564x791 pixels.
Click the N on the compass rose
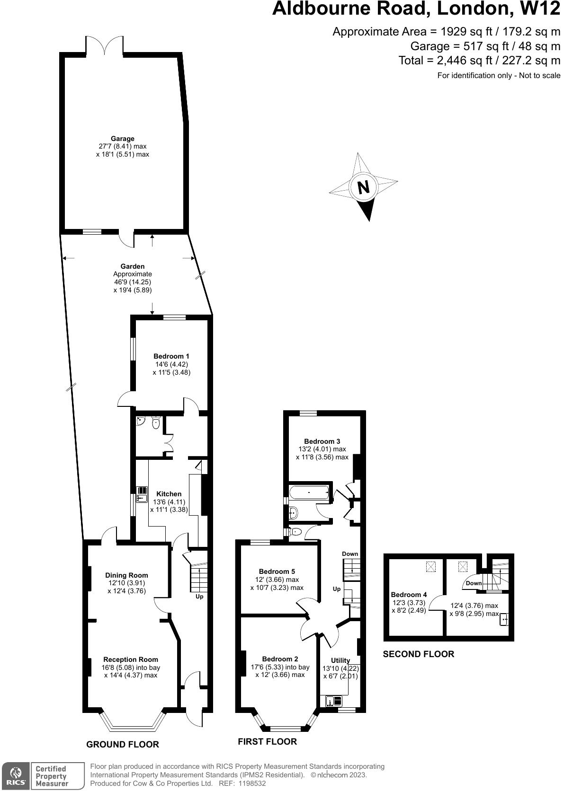[363, 188]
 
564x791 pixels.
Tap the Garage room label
[123, 139]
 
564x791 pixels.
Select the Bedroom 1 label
[171, 356]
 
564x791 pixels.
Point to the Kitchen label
[169, 494]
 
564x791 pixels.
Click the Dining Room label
[126, 575]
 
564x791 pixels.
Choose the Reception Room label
[131, 659]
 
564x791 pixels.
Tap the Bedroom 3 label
[322, 441]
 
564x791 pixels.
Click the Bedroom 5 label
[277, 571]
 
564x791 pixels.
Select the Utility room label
[340, 660]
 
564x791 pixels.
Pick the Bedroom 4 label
[409, 595]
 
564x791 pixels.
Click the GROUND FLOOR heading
[123, 744]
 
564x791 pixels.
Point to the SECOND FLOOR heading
[418, 654]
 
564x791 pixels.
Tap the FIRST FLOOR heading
[267, 741]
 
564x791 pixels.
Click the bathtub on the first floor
[309, 493]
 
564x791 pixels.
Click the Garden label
[133, 266]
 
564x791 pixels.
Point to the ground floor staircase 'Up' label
[199, 597]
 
